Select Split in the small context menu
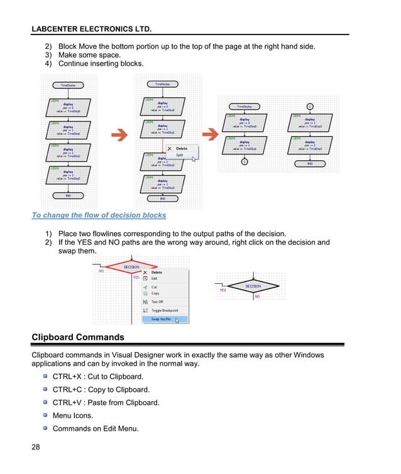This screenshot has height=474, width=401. pyautogui.click(x=180, y=155)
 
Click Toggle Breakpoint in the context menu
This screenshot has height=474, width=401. pyautogui.click(x=164, y=310)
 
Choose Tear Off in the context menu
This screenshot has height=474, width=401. pyautogui.click(x=157, y=302)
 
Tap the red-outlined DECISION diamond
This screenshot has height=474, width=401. pyautogui.click(x=131, y=267)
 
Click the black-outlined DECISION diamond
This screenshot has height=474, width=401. pyautogui.click(x=253, y=286)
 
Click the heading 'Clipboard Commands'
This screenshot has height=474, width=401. pyautogui.click(x=78, y=337)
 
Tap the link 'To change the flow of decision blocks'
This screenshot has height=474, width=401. pyautogui.click(x=99, y=215)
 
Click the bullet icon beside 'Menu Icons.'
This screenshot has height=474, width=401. pyautogui.click(x=45, y=415)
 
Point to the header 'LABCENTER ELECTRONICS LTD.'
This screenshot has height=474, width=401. pyautogui.click(x=92, y=29)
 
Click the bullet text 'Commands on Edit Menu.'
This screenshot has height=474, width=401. pyautogui.click(x=96, y=429)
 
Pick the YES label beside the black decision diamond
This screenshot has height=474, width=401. pyautogui.click(x=222, y=291)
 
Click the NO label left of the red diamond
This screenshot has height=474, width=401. pyautogui.click(x=101, y=271)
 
